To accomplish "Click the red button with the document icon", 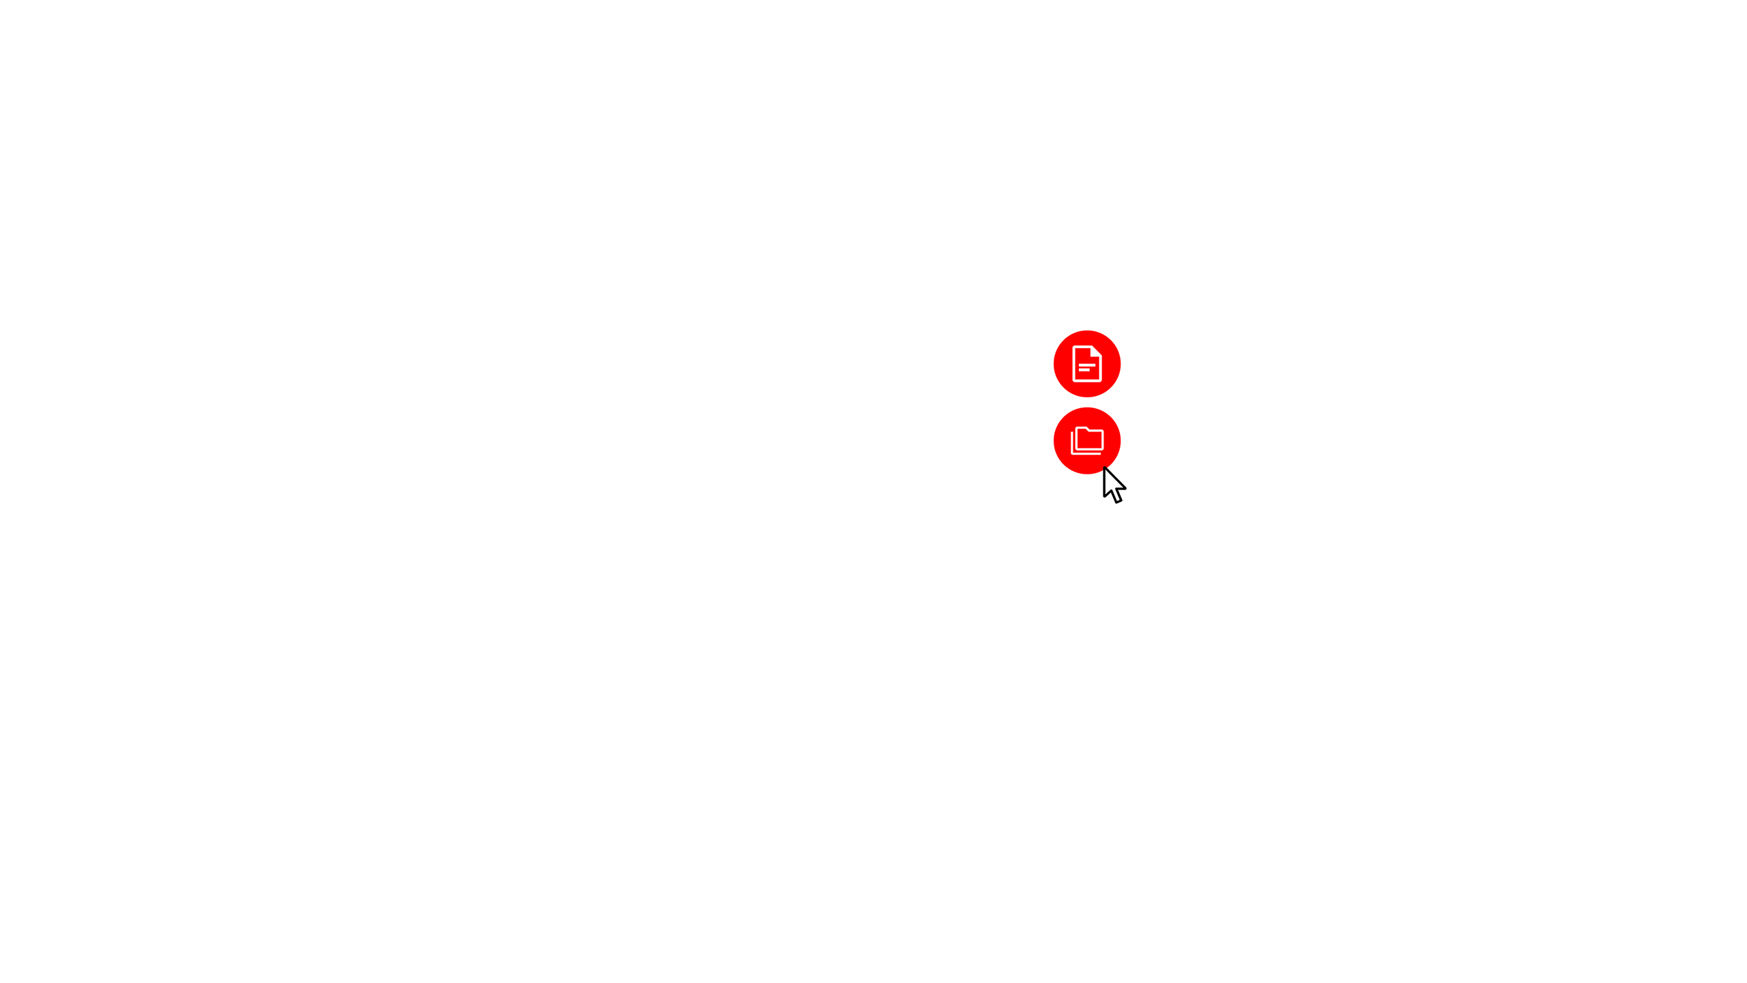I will coord(1087,364).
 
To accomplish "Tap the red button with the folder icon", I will coord(1087,441).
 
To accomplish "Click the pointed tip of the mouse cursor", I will coord(1106,469).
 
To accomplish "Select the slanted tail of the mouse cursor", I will coord(1116,496).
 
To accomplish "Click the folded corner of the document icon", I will coord(1097,352).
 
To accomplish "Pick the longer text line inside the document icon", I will coord(1087,365).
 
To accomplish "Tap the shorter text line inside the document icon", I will coord(1084,370).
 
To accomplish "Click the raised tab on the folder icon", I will coord(1082,429).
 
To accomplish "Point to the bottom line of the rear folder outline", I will coord(1085,453).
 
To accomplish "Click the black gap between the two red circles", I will coord(1087,403).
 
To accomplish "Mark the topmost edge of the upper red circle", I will coord(1087,331).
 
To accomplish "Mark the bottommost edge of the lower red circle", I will coord(1087,474).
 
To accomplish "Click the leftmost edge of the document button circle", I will coord(1054,364).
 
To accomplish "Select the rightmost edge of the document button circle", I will coord(1121,364).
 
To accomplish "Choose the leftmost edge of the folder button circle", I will coord(1054,441).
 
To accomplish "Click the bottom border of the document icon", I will coord(1087,380).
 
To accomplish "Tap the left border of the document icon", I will coord(1074,364).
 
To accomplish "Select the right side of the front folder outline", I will coord(1103,440).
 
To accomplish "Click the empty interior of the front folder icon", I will coord(1090,441).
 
